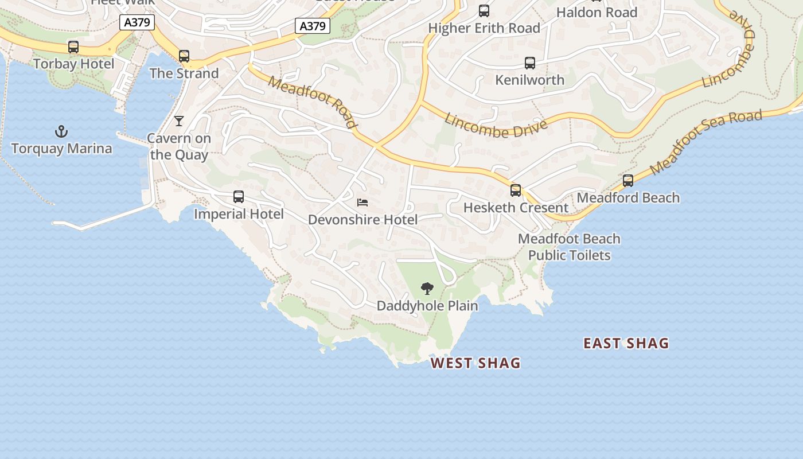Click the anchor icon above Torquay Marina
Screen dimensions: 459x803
pyautogui.click(x=61, y=132)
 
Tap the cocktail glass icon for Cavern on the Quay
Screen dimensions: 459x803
pyautogui.click(x=179, y=120)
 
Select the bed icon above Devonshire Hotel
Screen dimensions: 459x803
pyautogui.click(x=362, y=202)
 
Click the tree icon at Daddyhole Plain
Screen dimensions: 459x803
pyautogui.click(x=427, y=288)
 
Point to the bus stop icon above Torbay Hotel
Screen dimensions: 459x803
pyautogui.click(x=73, y=47)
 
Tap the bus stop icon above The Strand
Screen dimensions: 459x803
pyautogui.click(x=184, y=56)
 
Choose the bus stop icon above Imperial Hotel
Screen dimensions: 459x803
pyautogui.click(x=239, y=197)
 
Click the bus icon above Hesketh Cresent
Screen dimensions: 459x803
pyautogui.click(x=516, y=190)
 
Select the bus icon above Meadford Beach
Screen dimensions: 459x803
pyautogui.click(x=628, y=181)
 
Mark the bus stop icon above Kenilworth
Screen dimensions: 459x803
pyautogui.click(x=530, y=63)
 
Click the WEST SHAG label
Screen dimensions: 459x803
pyautogui.click(x=475, y=363)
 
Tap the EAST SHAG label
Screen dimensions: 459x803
pyautogui.click(x=626, y=344)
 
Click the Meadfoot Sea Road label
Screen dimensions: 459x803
pyautogui.click(x=707, y=142)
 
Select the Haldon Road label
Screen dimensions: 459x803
pyautogui.click(x=597, y=12)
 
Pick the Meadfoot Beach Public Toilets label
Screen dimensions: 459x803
pyautogui.click(x=569, y=247)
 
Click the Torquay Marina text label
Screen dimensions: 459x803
pyautogui.click(x=61, y=149)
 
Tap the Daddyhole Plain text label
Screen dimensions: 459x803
pyautogui.click(x=427, y=306)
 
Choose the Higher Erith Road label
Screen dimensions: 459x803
pyautogui.click(x=484, y=28)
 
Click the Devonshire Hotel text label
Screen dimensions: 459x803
pyautogui.click(x=362, y=220)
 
